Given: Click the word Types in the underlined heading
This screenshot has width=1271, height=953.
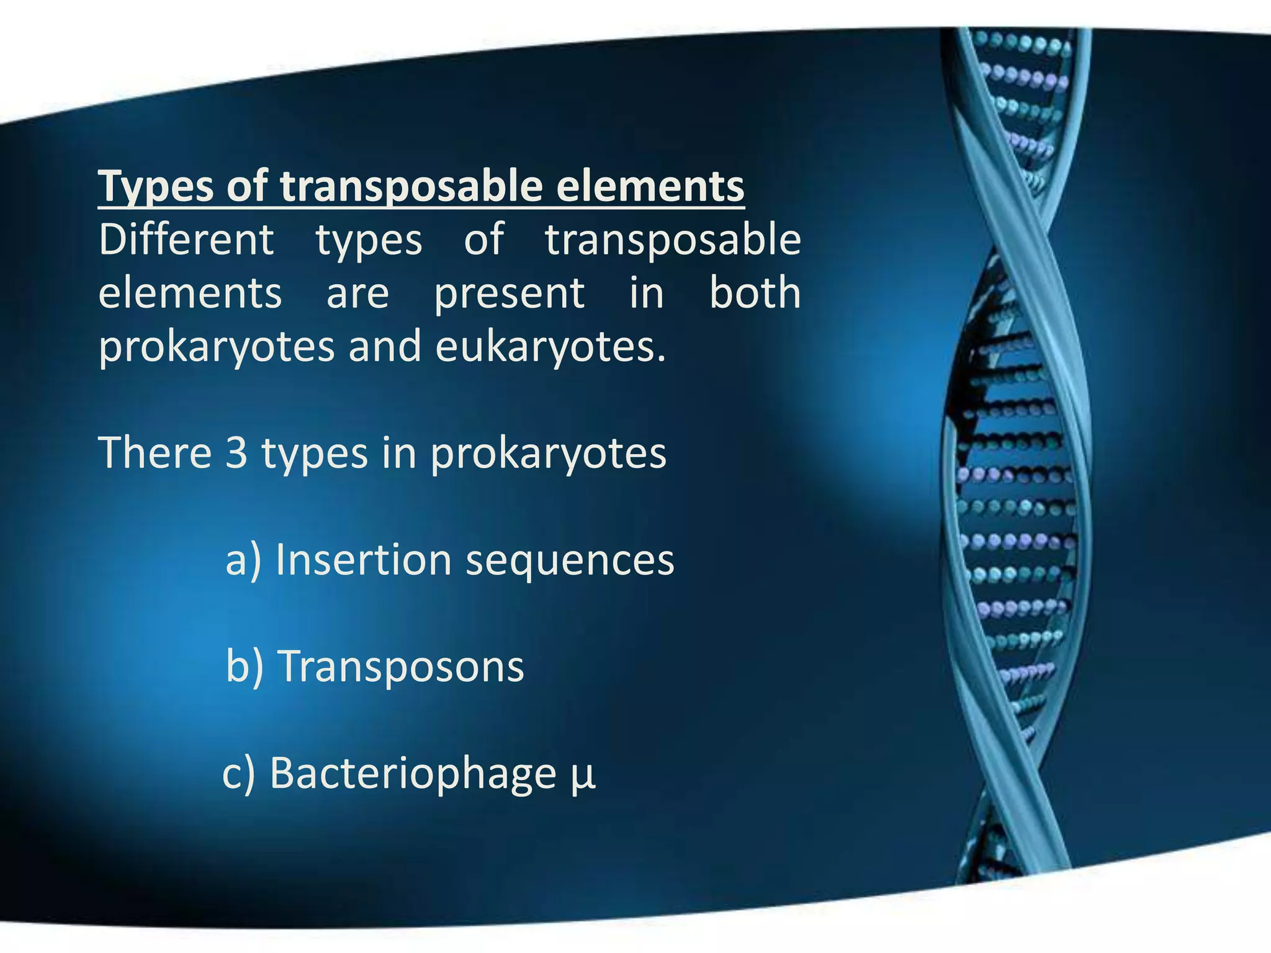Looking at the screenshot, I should tap(156, 186).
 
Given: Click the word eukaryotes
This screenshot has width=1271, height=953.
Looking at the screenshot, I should tap(550, 347).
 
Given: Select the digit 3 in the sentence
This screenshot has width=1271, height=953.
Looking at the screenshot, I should tap(236, 453).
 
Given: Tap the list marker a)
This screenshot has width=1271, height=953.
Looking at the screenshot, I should tap(243, 560).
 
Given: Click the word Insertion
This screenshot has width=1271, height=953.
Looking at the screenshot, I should tap(363, 560).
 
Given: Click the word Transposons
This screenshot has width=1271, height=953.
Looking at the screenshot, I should tap(402, 667).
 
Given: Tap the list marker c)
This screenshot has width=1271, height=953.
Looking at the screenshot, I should tap(239, 773).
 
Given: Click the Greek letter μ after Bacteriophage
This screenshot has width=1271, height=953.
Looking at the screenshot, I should tap(582, 776).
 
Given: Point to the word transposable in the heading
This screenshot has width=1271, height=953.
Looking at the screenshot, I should tap(411, 186).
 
